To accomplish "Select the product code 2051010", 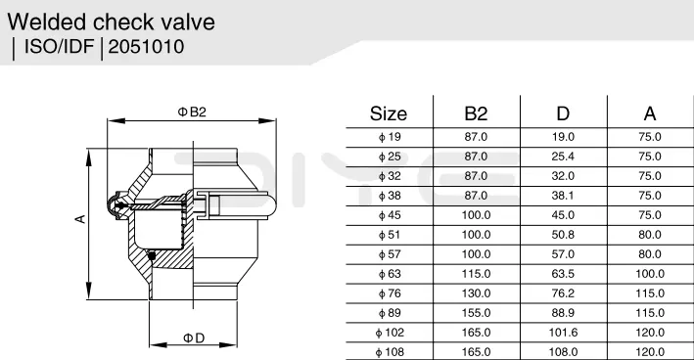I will pyautogui.click(x=146, y=46).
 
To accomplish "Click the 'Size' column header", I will pyautogui.click(x=389, y=112).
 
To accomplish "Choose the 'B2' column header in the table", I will pyautogui.click(x=476, y=112).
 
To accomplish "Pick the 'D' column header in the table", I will pyautogui.click(x=564, y=112).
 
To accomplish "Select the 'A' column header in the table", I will pyautogui.click(x=649, y=112).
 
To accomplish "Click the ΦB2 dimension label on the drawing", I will pyautogui.click(x=192, y=112).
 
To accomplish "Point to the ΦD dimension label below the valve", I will pyautogui.click(x=193, y=338).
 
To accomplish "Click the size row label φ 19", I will pyautogui.click(x=389, y=137).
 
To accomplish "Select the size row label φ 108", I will pyautogui.click(x=389, y=352).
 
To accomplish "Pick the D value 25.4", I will pyautogui.click(x=564, y=157).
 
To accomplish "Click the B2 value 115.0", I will pyautogui.click(x=476, y=274).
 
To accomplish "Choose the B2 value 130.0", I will pyautogui.click(x=476, y=293).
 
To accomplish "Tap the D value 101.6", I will pyautogui.click(x=564, y=333).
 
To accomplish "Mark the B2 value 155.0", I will pyautogui.click(x=476, y=313).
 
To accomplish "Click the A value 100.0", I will pyautogui.click(x=649, y=274).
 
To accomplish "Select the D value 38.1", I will pyautogui.click(x=564, y=196).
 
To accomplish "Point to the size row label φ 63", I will pyautogui.click(x=389, y=274).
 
